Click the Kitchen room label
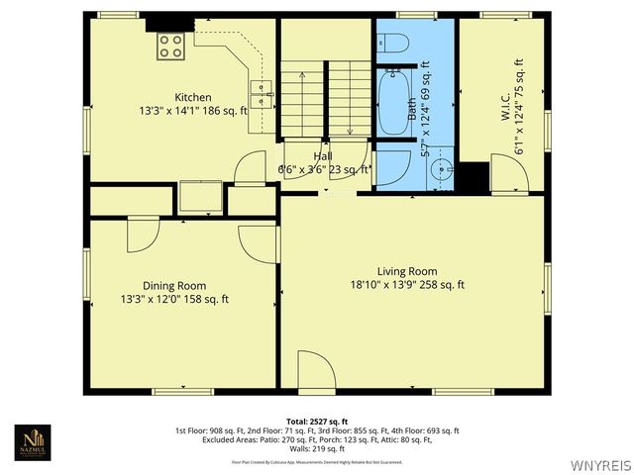click(193, 97)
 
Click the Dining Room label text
click(174, 285)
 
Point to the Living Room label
click(407, 271)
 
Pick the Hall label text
click(323, 156)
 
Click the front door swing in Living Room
click(317, 376)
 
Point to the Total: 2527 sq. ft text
click(317, 422)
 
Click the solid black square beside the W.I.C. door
click(475, 176)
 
